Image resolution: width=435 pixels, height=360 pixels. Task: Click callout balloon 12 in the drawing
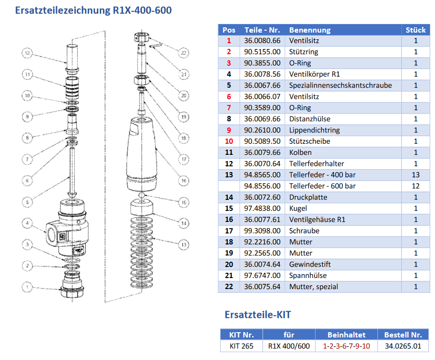[27, 53]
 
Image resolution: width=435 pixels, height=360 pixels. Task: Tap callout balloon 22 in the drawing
[183, 53]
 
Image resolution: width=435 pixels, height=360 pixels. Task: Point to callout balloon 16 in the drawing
[183, 180]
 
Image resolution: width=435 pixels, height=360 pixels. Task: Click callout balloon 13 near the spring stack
[183, 244]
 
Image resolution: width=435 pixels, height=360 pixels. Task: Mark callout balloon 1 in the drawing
[27, 287]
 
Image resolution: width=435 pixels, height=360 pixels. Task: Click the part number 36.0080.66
[262, 41]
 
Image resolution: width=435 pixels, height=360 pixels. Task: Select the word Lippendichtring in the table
[314, 130]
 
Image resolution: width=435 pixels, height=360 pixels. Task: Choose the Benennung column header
[310, 30]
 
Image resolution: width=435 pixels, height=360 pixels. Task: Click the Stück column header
[415, 30]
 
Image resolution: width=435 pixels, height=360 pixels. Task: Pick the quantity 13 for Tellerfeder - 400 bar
[415, 174]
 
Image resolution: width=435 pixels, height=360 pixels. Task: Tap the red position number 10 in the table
[229, 141]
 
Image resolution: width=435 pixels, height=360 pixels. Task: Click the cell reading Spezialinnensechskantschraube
[341, 85]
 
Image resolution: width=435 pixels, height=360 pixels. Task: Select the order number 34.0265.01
[403, 346]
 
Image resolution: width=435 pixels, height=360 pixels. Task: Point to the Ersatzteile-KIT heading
[258, 315]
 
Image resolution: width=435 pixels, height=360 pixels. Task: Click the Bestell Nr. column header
[403, 335]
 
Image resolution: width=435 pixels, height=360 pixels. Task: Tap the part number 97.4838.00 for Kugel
[262, 208]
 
